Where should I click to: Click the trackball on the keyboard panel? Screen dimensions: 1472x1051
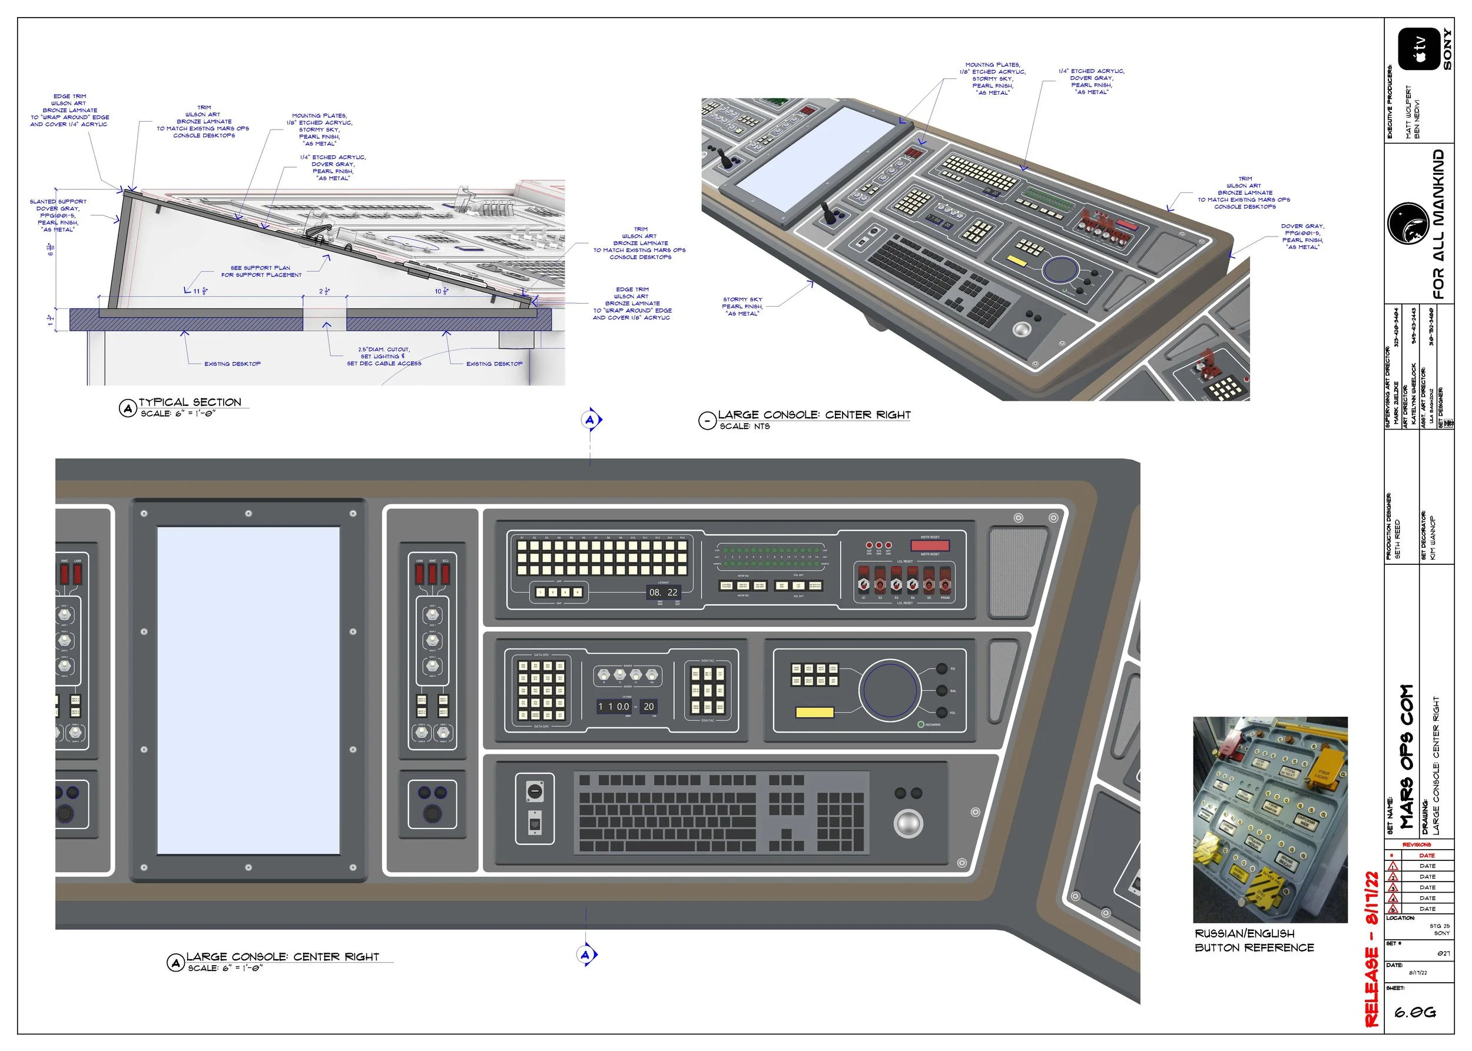coord(908,823)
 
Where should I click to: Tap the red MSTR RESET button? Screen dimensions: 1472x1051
coord(929,545)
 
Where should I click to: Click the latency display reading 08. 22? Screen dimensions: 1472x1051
coord(663,592)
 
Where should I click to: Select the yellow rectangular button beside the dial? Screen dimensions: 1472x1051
coord(814,713)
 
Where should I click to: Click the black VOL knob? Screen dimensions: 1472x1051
coord(941,712)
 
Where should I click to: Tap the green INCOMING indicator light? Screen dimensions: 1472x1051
coord(921,724)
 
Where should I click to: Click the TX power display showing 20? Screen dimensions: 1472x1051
coord(648,707)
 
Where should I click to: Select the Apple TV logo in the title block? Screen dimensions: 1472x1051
coord(1418,49)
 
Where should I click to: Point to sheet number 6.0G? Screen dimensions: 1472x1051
coord(1415,1012)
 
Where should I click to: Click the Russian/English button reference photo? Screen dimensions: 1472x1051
coord(1269,819)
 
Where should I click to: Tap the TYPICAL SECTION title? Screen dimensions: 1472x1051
coord(190,403)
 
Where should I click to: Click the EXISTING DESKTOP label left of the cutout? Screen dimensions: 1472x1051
coord(233,364)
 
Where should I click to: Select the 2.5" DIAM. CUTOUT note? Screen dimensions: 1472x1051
coord(384,356)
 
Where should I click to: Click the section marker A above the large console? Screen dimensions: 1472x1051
coord(589,420)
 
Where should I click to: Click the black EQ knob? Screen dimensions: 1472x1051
coord(941,668)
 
